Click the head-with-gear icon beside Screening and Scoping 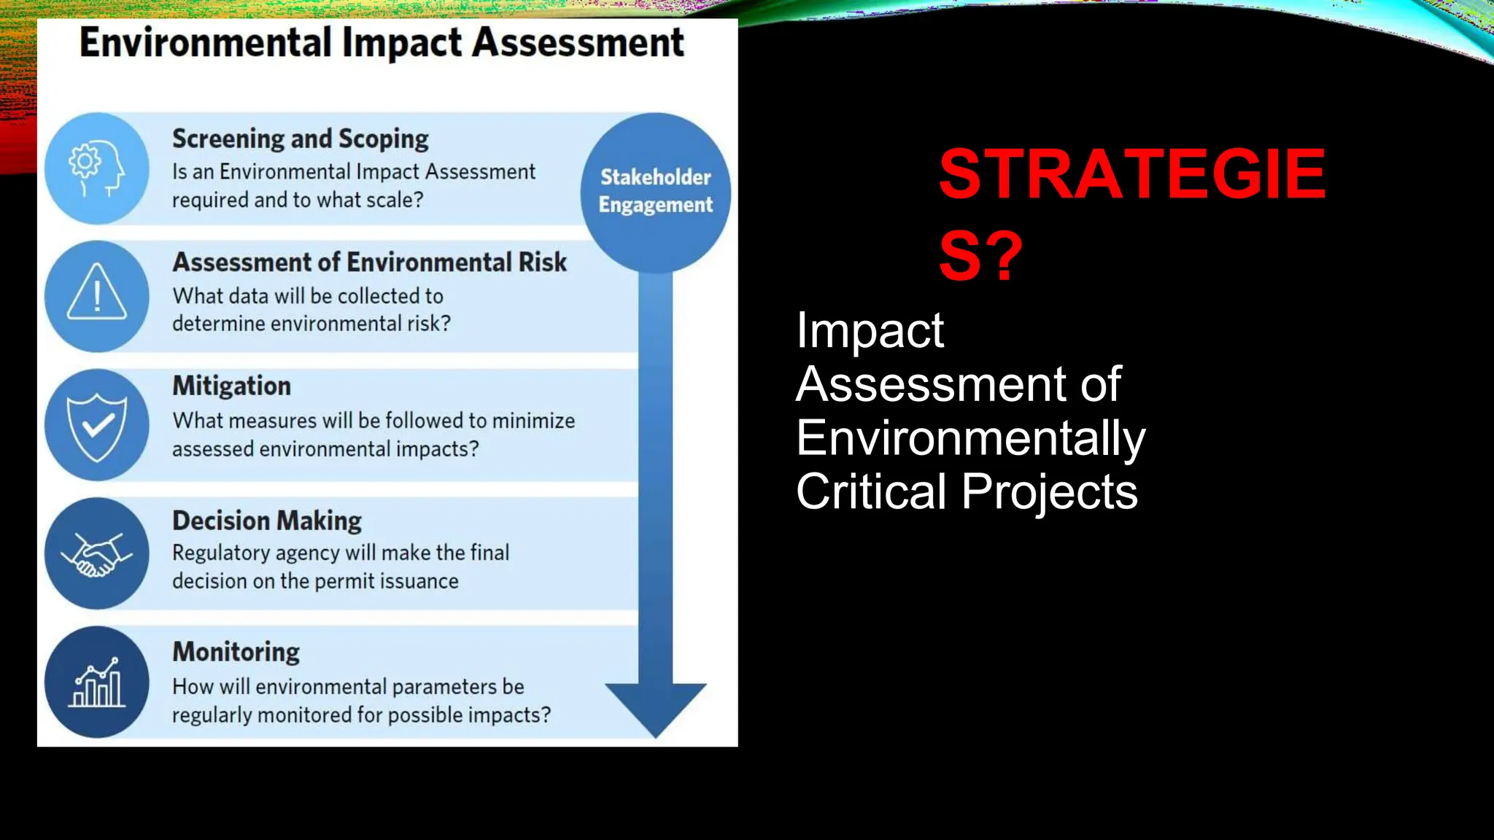pos(96,168)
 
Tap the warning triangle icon pos(96,295)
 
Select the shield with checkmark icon pos(96,425)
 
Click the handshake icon pos(96,554)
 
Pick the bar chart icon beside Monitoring pos(96,682)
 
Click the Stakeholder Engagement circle pos(655,191)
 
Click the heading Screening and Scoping pos(300,139)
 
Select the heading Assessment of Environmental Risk pos(369,262)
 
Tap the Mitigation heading pos(231,386)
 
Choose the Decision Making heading pos(267,521)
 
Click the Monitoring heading pos(236,652)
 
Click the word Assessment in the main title pos(578,42)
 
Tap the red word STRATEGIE pos(1131,174)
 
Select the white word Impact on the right pos(870,331)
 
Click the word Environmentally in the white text pos(970,438)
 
